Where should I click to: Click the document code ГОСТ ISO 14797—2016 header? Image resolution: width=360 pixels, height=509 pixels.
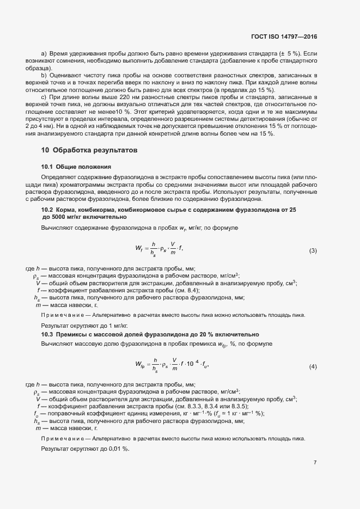click(x=284, y=37)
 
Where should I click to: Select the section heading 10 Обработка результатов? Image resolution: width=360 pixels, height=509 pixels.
click(x=89, y=150)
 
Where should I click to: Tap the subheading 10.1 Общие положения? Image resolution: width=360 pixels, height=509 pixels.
click(x=76, y=166)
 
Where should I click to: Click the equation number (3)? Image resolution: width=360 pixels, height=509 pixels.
click(x=313, y=251)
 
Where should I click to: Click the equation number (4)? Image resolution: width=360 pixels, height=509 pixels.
click(x=313, y=366)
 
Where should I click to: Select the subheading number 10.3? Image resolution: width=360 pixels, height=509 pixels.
click(x=47, y=334)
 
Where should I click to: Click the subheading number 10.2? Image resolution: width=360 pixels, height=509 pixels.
click(x=47, y=210)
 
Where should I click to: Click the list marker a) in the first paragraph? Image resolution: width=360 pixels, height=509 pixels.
click(x=44, y=54)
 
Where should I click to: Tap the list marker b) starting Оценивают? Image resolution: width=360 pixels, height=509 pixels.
click(x=44, y=75)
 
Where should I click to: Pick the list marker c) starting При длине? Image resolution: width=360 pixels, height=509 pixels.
click(x=44, y=96)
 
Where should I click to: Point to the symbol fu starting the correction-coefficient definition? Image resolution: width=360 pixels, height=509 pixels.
click(x=36, y=413)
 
